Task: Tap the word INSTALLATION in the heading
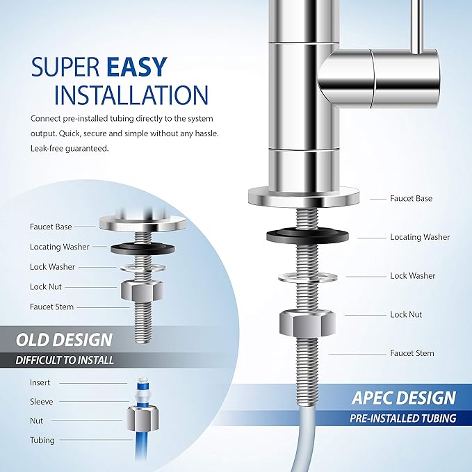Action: click(131, 95)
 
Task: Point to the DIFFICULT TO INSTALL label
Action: click(65, 360)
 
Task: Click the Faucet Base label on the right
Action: click(411, 198)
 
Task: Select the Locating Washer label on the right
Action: click(420, 237)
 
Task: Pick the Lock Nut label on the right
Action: click(406, 314)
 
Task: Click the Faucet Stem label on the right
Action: click(412, 353)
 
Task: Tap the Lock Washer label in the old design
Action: click(52, 266)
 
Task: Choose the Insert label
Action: click(40, 382)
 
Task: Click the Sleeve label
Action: click(41, 401)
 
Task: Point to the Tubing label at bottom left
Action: click(41, 440)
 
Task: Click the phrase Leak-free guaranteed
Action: click(69, 148)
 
